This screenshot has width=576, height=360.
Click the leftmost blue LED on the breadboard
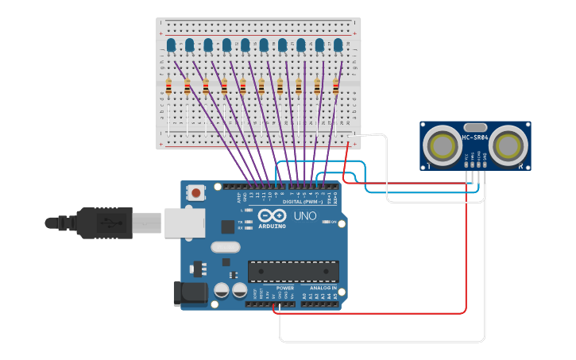pyautogui.click(x=171, y=45)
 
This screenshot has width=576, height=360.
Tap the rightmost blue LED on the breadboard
pyautogui.click(x=338, y=45)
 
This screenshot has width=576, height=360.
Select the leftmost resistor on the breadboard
pyautogui.click(x=168, y=87)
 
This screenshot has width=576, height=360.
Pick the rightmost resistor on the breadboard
pyautogui.click(x=335, y=87)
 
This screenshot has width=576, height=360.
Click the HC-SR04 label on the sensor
pyautogui.click(x=475, y=138)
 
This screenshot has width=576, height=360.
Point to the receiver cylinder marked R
pyautogui.click(x=508, y=145)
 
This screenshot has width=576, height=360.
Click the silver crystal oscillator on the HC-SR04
pyautogui.click(x=474, y=127)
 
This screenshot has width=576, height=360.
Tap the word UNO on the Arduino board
pyautogui.click(x=305, y=216)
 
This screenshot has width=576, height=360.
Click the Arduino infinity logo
pyautogui.click(x=272, y=215)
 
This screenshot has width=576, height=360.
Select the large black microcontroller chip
pyautogui.click(x=293, y=271)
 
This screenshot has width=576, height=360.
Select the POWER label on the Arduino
pyautogui.click(x=284, y=288)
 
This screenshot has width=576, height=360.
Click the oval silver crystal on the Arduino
pyautogui.click(x=225, y=247)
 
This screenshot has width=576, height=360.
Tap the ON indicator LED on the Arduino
pyautogui.click(x=324, y=223)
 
